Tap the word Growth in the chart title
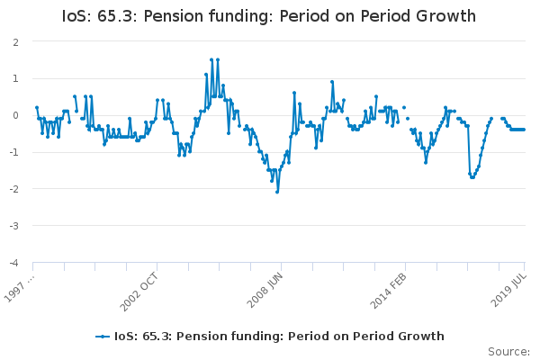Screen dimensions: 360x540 point(445,17)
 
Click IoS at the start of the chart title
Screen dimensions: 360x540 point(79,17)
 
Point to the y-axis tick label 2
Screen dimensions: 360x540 point(16,42)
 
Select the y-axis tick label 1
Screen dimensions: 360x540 point(16,79)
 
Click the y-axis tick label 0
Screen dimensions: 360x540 point(16,116)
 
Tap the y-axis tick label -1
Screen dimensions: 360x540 point(14,153)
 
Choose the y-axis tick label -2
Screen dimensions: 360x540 point(14,190)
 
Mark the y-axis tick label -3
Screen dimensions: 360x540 point(14,227)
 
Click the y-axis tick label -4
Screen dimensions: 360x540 point(14,264)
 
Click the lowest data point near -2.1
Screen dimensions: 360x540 point(277,192)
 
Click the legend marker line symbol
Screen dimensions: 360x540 point(103,337)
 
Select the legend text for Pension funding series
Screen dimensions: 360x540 point(279,337)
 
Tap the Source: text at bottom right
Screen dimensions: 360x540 point(508,351)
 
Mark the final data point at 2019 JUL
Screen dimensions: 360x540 point(525,130)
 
